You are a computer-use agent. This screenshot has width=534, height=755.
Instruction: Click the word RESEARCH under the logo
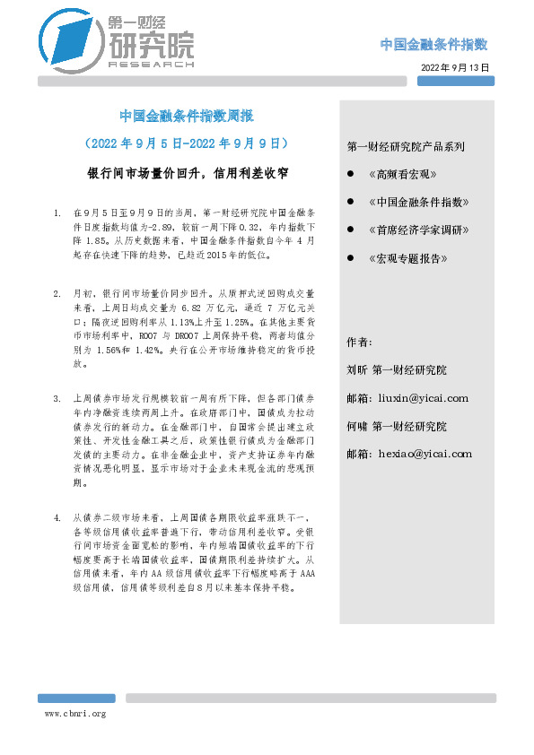click(x=150, y=65)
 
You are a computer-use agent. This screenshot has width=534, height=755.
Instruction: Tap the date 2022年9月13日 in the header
click(x=455, y=67)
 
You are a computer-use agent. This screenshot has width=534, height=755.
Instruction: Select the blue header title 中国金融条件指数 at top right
click(x=433, y=45)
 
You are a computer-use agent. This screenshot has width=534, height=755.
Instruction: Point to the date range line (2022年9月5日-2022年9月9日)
click(x=187, y=143)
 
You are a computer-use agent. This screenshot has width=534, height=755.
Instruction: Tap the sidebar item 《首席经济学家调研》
click(x=419, y=230)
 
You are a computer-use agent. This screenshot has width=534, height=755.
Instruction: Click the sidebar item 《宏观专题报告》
click(x=407, y=259)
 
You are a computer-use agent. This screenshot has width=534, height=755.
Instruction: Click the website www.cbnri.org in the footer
click(x=75, y=714)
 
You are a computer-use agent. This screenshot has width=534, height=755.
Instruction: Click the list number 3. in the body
click(x=57, y=398)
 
